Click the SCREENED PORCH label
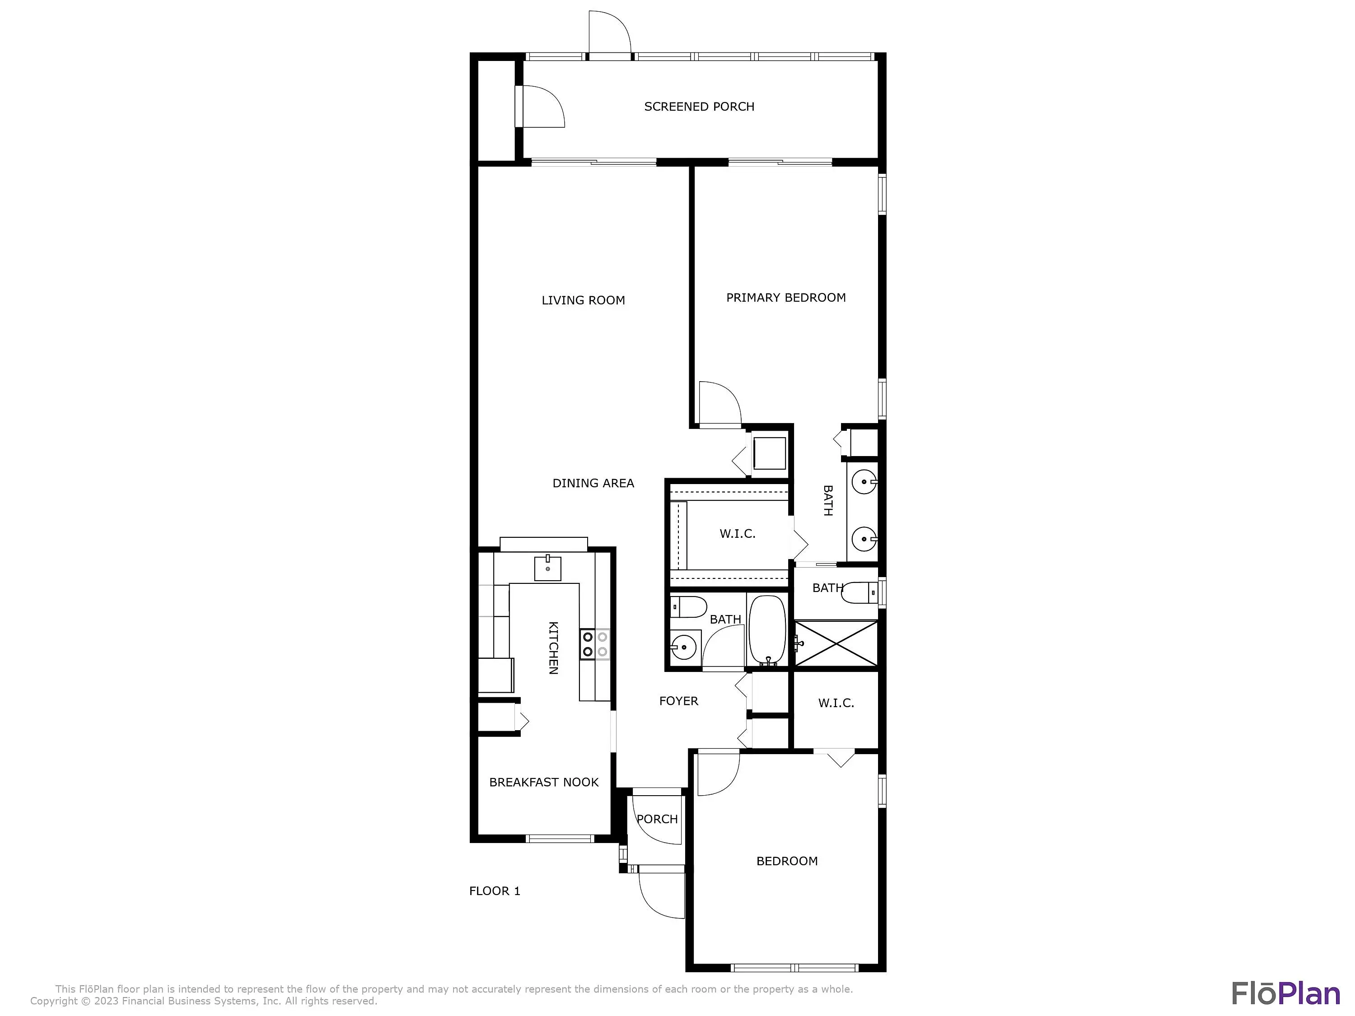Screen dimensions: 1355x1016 click(699, 107)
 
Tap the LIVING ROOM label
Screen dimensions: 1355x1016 click(583, 300)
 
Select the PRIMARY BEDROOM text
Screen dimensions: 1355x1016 click(786, 298)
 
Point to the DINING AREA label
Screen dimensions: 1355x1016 click(593, 483)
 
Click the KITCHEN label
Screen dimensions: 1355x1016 click(553, 648)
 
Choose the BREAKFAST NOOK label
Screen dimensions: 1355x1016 click(544, 782)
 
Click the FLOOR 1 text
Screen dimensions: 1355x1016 click(494, 891)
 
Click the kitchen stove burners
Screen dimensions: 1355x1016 click(595, 645)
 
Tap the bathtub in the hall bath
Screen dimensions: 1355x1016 click(767, 630)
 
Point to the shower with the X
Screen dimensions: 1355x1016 click(836, 643)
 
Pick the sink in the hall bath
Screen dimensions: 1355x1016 click(682, 645)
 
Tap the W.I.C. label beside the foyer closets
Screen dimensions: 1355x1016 click(836, 703)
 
